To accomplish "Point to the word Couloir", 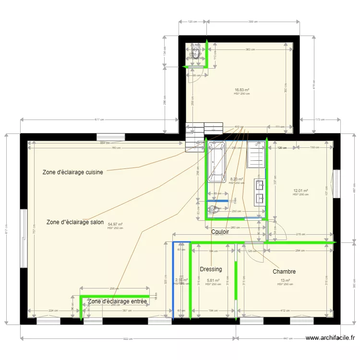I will (220, 232).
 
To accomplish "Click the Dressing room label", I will (211, 269).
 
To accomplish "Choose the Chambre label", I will (284, 272).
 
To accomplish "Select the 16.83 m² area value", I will (242, 90).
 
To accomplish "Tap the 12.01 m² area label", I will (300, 191).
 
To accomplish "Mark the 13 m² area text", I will (285, 280).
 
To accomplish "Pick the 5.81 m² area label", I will (213, 280).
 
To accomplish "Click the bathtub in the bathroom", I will (216, 162).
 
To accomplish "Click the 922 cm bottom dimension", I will (128, 339).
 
